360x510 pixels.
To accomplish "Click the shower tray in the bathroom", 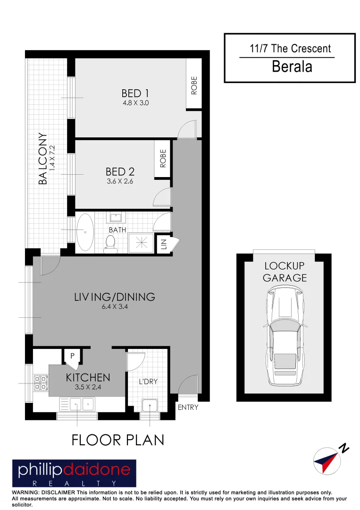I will coord(142,243).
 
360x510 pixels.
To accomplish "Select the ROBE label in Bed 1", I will coord(194,85).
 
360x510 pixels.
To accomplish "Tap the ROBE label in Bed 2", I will coord(163,159).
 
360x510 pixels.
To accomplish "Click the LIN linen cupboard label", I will coord(163,245).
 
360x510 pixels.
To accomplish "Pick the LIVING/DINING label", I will coord(114,297).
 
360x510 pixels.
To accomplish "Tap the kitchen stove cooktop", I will coord(41,382).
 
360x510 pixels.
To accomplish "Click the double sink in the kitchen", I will coord(77,404).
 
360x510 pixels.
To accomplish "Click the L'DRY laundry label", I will coord(148,382).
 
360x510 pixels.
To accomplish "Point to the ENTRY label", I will coord(188,408).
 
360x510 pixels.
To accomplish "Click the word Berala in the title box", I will coord(292,67).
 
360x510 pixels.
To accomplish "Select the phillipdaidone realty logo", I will coord(74,473).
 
